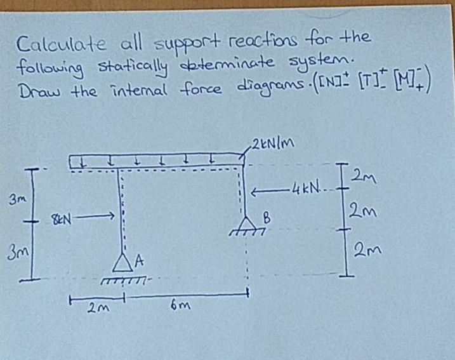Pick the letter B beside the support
(267, 218)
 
